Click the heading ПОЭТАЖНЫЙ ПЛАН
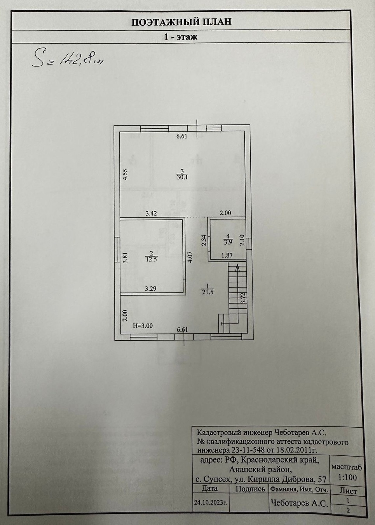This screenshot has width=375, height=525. coord(181,22)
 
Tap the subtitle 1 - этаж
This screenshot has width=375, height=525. coord(181,37)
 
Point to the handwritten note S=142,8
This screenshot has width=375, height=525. coord(68,59)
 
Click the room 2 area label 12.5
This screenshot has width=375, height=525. coord(152,259)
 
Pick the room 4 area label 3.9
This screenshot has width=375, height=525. coord(228,242)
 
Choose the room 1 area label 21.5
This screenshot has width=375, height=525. coord(207,292)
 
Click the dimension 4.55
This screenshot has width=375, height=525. coord(126,174)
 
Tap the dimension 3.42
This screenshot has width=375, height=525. coord(151,213)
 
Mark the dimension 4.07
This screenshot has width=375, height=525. coord(190,257)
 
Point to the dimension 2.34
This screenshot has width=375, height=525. coord(204,240)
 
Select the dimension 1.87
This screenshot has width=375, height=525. coord(227,255)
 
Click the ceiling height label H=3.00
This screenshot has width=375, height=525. coord(143,325)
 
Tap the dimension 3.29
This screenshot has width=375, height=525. coord(151,289)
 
